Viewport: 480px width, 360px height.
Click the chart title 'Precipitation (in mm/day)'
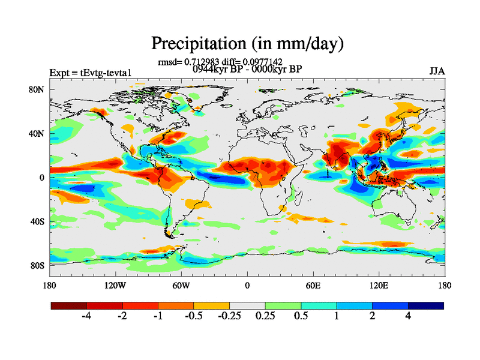[247, 43]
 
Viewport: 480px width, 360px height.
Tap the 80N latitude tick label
[38, 89]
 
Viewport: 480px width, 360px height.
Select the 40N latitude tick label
[38, 134]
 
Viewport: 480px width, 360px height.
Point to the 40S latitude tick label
[38, 221]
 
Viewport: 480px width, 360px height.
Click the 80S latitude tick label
[38, 265]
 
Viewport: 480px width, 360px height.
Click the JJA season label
[437, 71]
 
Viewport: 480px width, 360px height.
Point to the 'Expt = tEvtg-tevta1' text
[90, 73]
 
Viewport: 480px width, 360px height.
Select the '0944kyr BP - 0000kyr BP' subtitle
[247, 69]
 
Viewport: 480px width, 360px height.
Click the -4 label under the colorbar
[86, 316]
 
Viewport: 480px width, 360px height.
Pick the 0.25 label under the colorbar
[265, 316]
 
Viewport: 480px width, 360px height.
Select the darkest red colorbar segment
[69, 305]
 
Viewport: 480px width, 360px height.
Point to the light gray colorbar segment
[247, 305]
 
